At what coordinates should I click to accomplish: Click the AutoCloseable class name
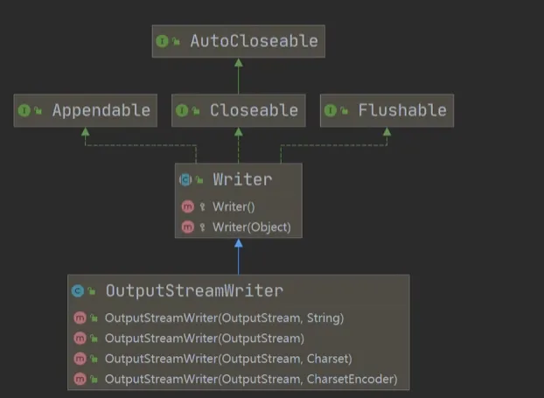point(254,40)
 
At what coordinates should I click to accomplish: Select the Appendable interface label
point(101,110)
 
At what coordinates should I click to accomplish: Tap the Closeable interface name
point(254,110)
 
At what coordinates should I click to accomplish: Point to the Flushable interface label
point(401,110)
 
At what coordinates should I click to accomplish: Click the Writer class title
point(242,179)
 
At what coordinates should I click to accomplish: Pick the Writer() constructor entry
point(233,206)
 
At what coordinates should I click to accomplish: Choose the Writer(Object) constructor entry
point(251,227)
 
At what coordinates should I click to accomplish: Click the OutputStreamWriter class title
point(194,290)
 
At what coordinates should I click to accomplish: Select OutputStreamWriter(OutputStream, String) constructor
point(224,318)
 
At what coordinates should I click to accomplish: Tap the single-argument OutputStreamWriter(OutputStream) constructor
point(204,338)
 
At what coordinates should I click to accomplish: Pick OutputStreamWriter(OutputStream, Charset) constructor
point(227,358)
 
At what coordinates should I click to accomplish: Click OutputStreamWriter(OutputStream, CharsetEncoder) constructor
point(250,379)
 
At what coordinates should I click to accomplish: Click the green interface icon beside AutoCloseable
point(162,40)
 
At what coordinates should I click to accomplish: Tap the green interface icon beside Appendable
point(24,110)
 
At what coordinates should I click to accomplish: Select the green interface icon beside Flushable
point(330,110)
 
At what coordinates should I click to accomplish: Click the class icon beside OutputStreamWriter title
point(79,290)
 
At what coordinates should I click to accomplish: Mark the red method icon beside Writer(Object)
point(186,227)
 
